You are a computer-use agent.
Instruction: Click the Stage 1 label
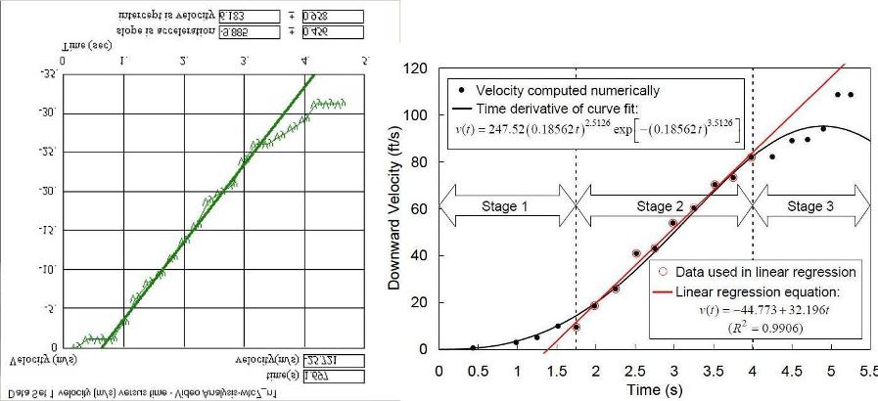click(x=505, y=207)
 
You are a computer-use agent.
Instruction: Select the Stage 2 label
click(x=665, y=207)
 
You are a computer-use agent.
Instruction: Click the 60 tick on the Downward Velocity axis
click(x=421, y=208)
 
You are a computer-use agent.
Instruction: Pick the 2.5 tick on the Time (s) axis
click(x=635, y=372)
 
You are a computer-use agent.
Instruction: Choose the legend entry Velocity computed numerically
click(x=577, y=90)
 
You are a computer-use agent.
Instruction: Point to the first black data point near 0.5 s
click(x=474, y=347)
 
